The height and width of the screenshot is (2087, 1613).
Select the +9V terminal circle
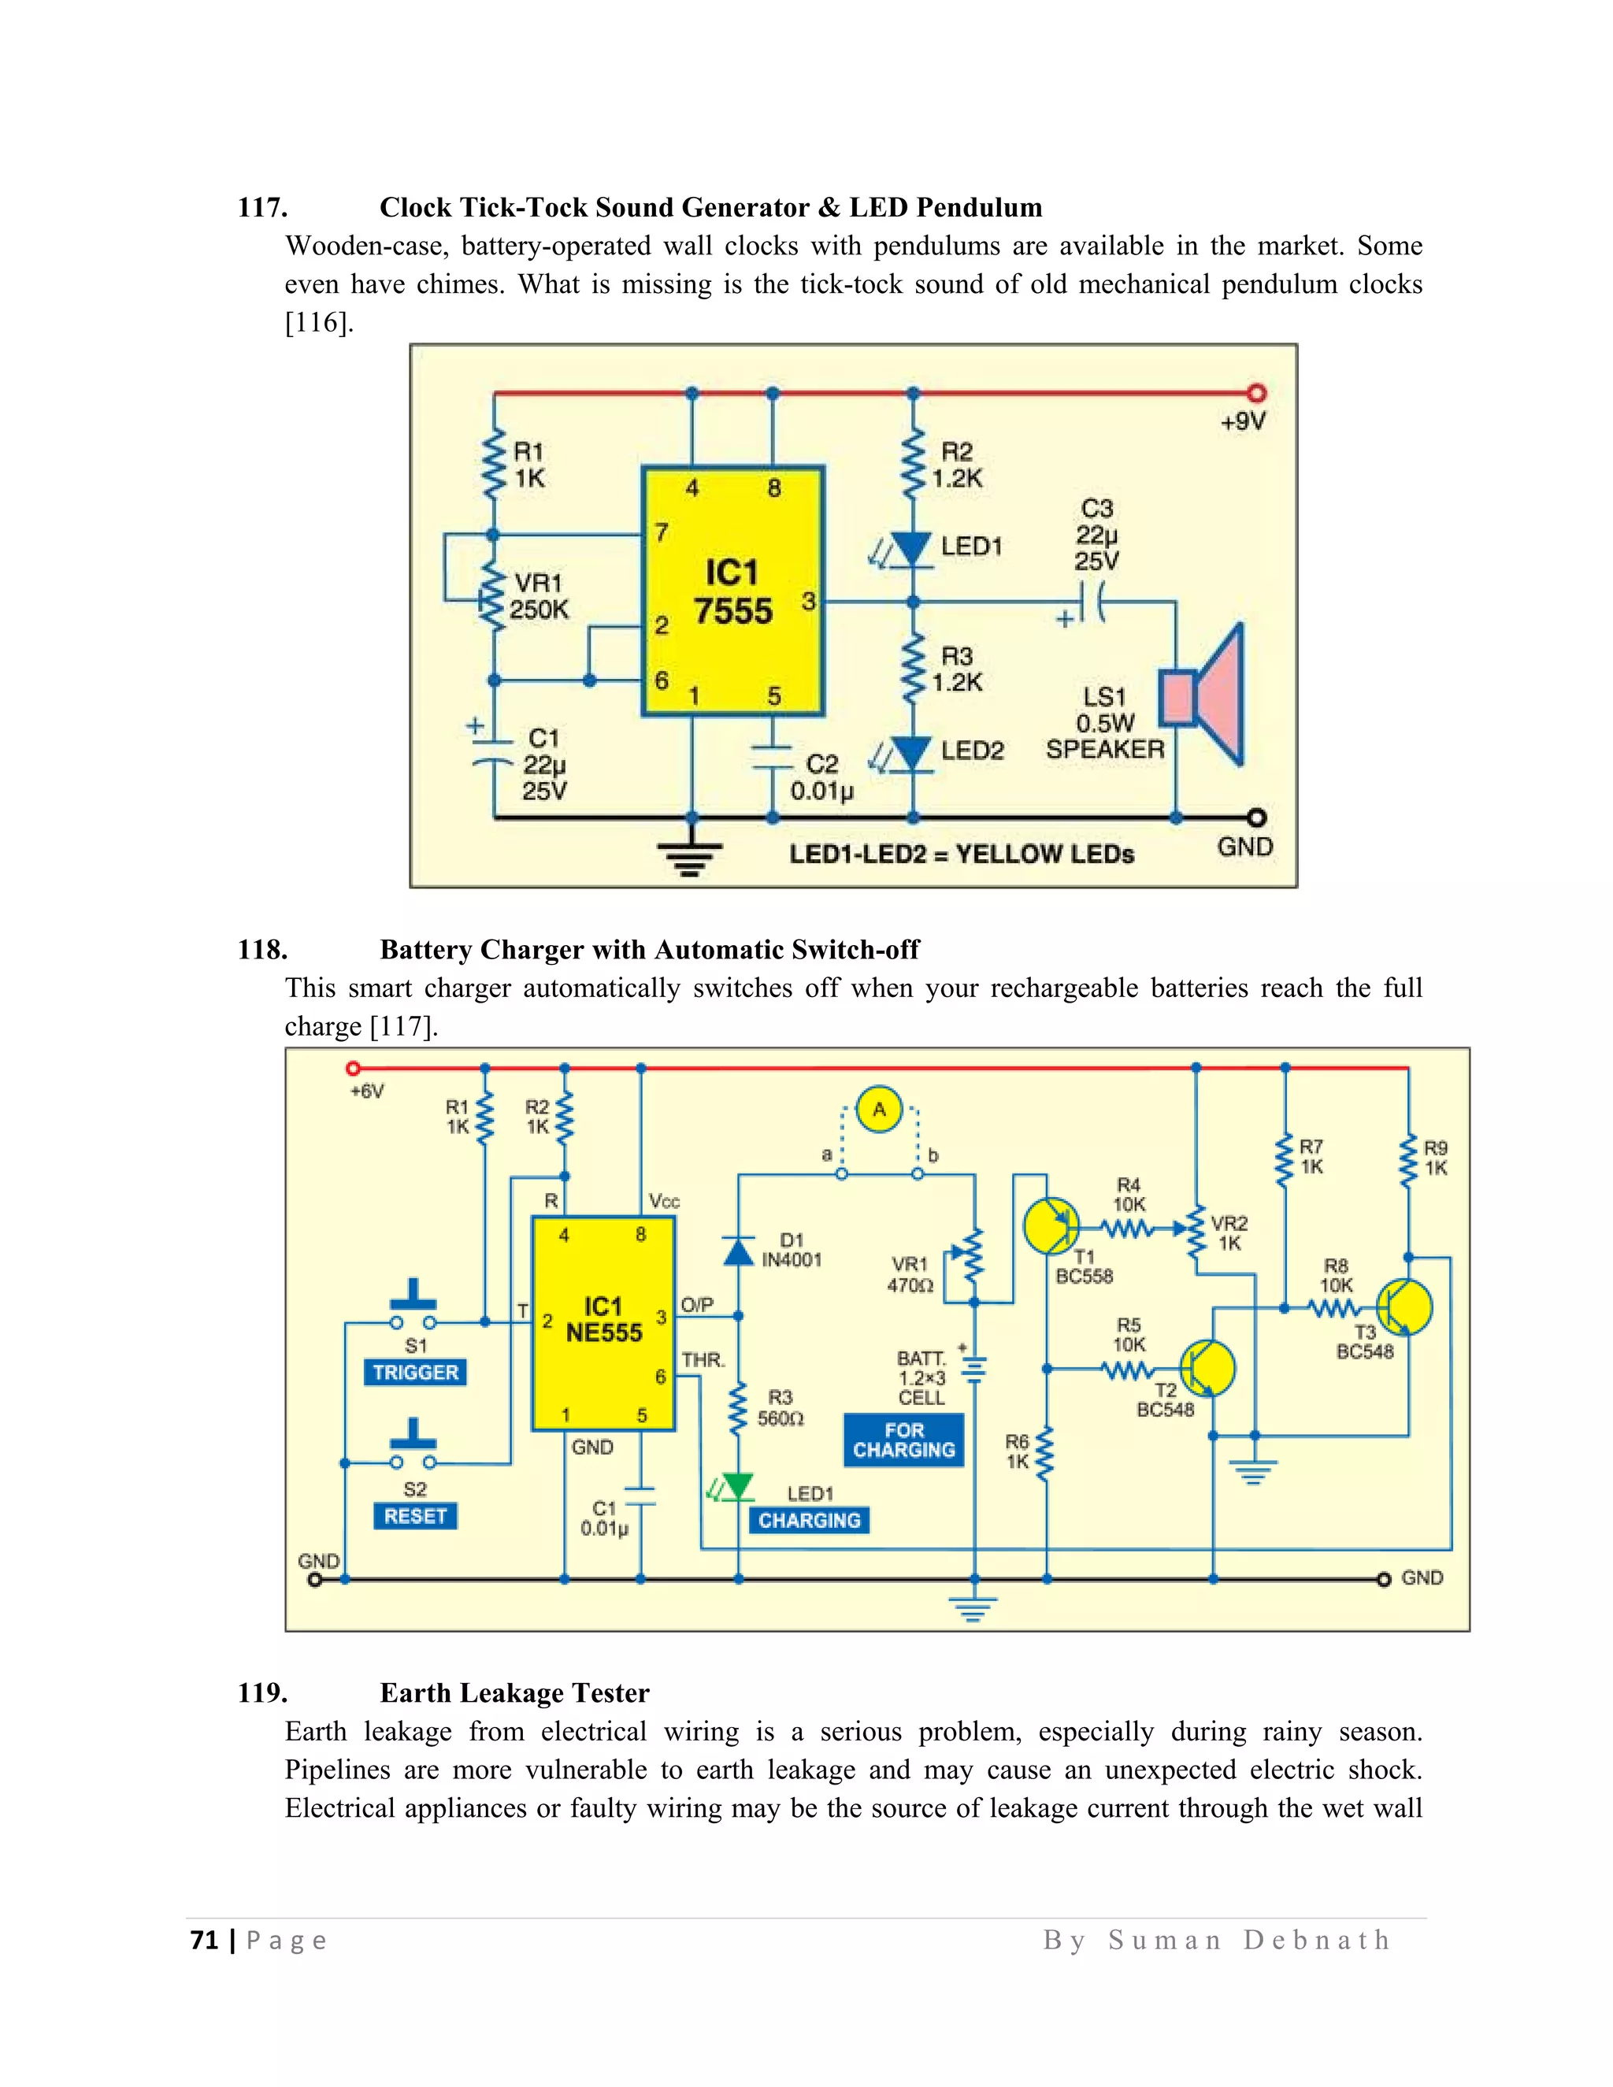click(x=1256, y=393)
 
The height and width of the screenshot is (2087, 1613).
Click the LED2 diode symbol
click(x=913, y=753)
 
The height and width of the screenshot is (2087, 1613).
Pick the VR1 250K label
click(x=539, y=596)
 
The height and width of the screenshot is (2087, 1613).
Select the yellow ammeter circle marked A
click(x=879, y=1110)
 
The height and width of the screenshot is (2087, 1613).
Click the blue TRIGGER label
click(x=415, y=1372)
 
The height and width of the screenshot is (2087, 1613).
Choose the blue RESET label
click(x=415, y=1515)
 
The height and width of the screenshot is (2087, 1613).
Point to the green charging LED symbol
click(x=736, y=1488)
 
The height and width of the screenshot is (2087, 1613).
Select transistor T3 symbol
click(x=1403, y=1307)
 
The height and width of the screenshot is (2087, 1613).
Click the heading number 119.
click(x=263, y=1692)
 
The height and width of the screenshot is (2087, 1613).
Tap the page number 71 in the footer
click(x=205, y=1939)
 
